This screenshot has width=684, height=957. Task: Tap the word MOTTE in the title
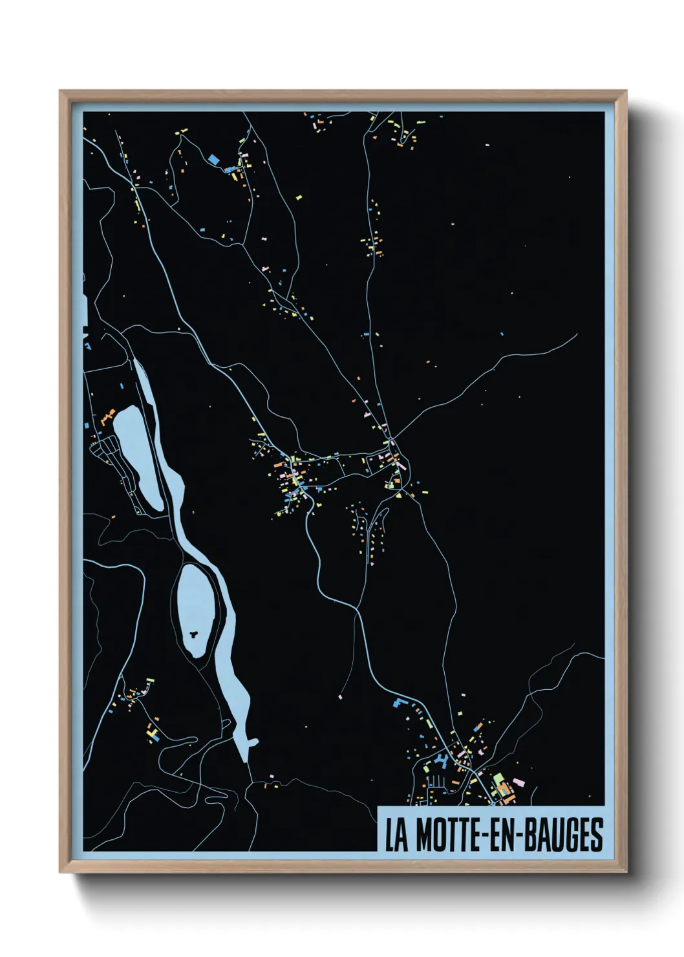coord(444,835)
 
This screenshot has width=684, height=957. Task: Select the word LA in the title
coord(396,835)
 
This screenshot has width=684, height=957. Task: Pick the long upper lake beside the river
coord(138,456)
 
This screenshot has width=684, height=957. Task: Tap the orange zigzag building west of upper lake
coord(107,414)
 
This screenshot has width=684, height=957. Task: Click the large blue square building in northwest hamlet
coord(213,158)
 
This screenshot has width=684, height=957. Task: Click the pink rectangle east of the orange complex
coord(519,783)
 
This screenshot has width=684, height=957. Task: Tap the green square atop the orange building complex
coord(498,779)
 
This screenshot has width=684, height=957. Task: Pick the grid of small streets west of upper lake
coord(110,453)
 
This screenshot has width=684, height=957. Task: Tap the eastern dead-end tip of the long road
coord(577,334)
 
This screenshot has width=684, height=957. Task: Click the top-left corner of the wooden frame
coord(60,91)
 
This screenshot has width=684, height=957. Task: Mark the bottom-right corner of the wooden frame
coord(626,872)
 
